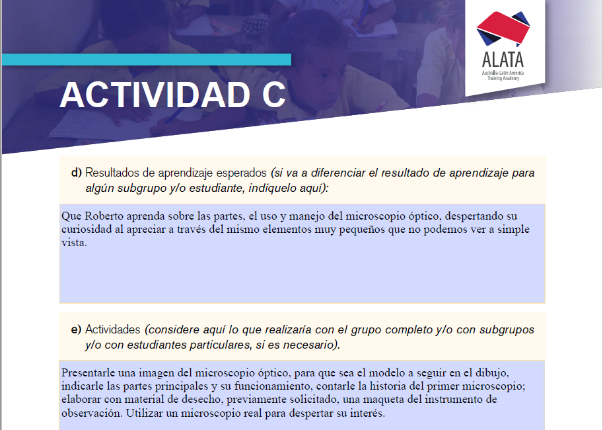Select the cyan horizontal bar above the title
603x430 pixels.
point(146,60)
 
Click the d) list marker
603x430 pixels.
point(76,173)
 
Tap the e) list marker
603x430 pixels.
point(76,329)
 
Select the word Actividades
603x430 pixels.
point(113,329)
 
